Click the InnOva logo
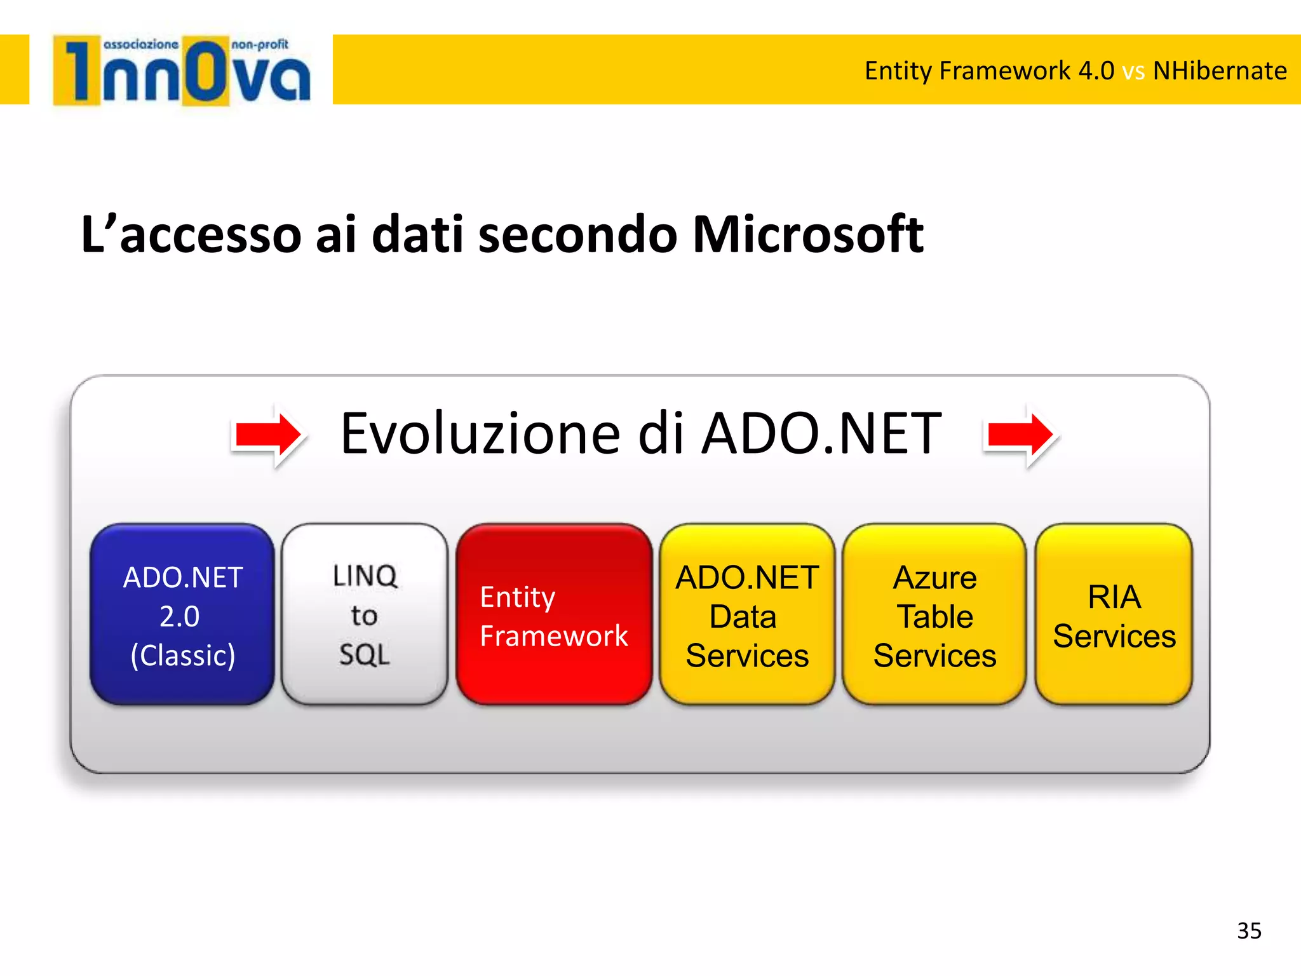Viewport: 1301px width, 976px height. (x=182, y=71)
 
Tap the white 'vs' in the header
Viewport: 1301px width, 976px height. (x=1133, y=72)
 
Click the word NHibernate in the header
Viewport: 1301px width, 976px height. (x=1220, y=71)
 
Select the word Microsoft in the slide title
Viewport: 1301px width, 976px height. (x=807, y=234)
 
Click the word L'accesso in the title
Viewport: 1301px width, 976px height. (x=191, y=234)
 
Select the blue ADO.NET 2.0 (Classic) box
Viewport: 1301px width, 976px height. (x=183, y=614)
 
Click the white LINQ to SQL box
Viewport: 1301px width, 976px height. (x=365, y=614)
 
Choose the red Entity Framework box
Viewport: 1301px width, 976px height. (x=554, y=614)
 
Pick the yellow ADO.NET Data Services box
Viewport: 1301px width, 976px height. (x=747, y=614)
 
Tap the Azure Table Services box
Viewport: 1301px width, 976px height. (x=934, y=614)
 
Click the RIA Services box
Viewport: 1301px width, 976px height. (x=1114, y=614)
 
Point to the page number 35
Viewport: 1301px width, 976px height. (x=1249, y=931)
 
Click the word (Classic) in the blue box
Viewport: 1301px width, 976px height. (x=183, y=655)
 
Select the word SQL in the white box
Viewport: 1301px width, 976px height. (x=365, y=654)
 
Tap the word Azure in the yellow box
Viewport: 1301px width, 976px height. (x=934, y=578)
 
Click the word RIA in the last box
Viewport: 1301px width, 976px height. (x=1114, y=597)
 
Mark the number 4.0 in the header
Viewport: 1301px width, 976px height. (x=1096, y=71)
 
